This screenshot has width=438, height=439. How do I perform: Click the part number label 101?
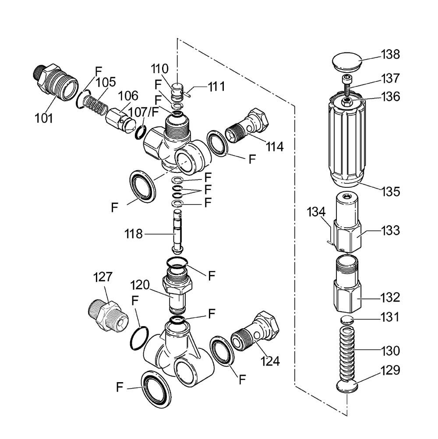(44, 118)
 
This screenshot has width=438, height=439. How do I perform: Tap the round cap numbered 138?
(347, 62)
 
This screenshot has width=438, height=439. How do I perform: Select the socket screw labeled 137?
(346, 84)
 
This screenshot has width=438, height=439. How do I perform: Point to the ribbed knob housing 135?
(347, 140)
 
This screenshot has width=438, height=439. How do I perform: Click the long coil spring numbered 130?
(347, 354)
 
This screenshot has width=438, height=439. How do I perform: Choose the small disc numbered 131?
(347, 320)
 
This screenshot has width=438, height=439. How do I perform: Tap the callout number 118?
(134, 234)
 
